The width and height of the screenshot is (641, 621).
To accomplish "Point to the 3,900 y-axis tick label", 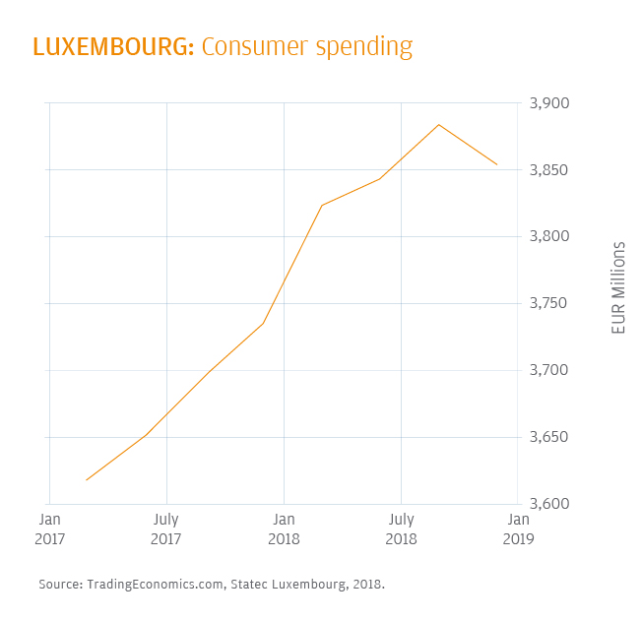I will pos(550,103).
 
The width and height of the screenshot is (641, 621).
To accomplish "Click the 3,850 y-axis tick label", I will pos(550,170).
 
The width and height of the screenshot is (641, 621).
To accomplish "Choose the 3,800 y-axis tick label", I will pos(550,236).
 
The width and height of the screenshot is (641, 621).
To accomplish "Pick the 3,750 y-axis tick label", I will pos(550,303).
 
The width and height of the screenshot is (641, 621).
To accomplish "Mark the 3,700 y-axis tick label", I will pos(550,370).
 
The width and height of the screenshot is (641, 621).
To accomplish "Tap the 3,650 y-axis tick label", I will pos(550,437).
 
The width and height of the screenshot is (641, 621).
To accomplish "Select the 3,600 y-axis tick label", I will pos(550,504).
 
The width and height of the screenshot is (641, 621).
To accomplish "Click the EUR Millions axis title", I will pos(618,287).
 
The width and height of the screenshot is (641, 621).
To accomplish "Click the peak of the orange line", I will pos(438,124).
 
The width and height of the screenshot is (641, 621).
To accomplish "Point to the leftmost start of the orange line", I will pos(87,480).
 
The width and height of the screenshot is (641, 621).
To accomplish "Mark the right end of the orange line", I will pos(497,164).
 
